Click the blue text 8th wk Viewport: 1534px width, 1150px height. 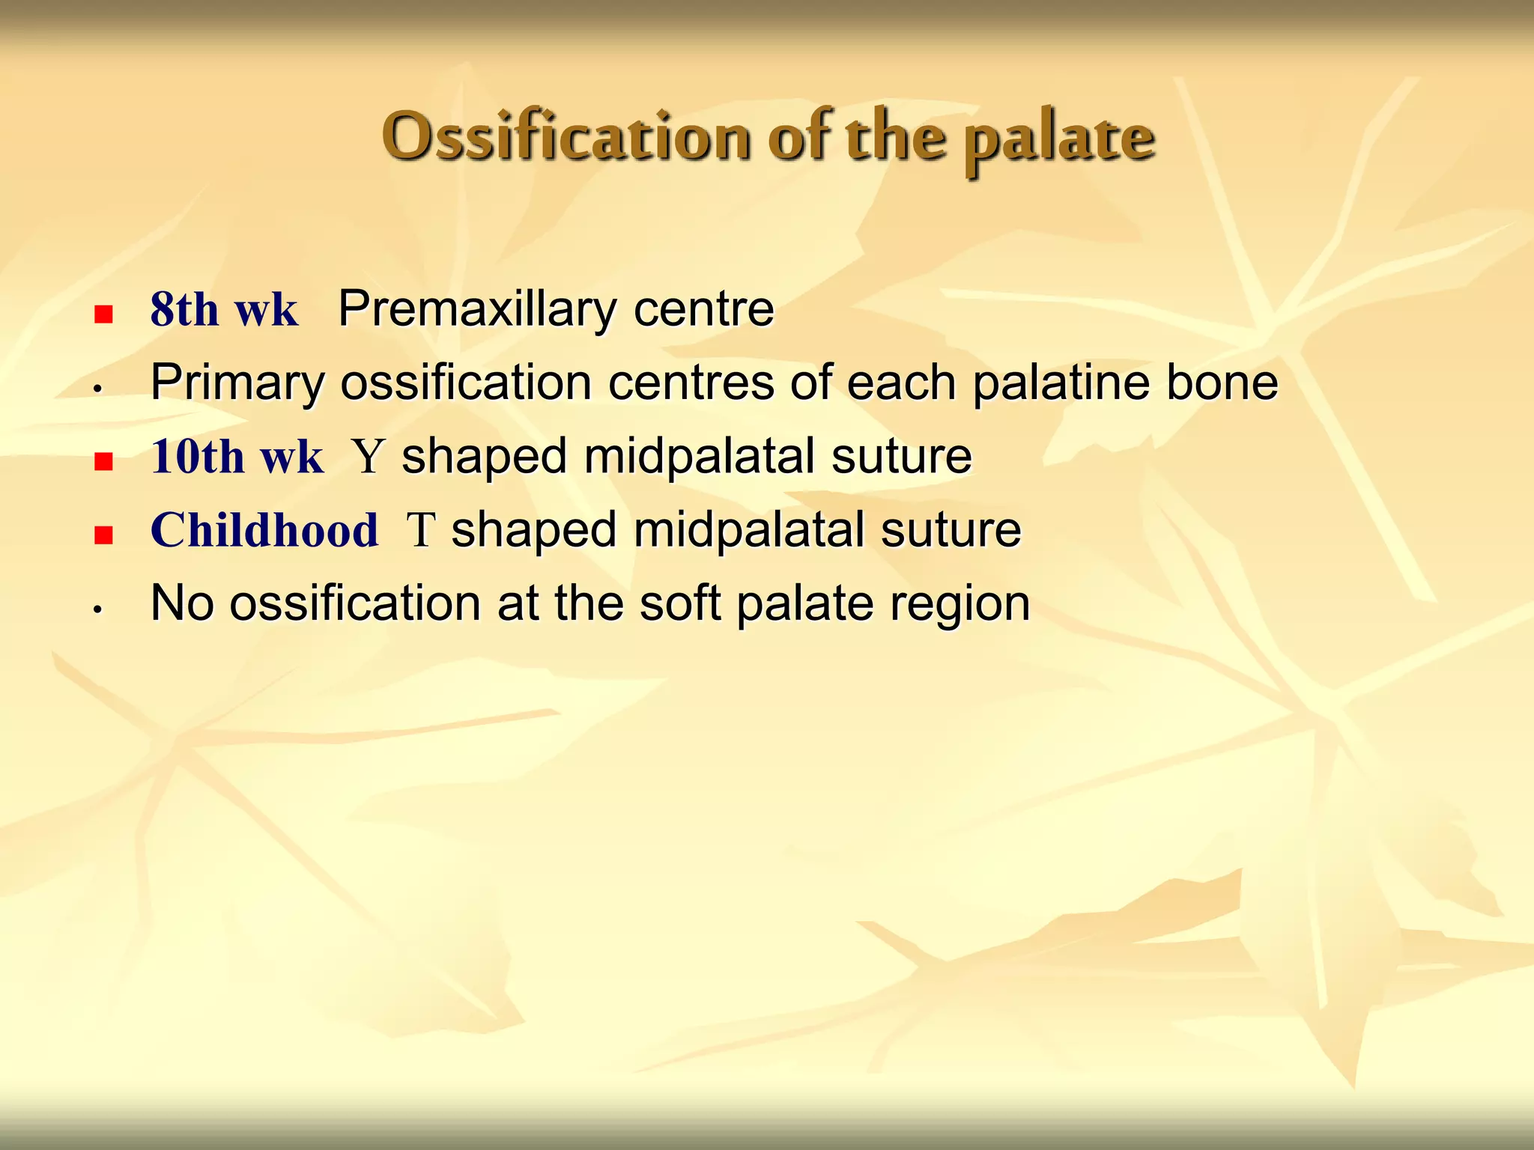(x=224, y=309)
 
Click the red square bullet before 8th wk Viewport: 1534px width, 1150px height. (x=103, y=314)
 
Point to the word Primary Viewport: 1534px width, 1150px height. (x=237, y=383)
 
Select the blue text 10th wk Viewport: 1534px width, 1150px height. (x=237, y=457)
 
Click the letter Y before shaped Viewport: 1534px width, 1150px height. (x=368, y=457)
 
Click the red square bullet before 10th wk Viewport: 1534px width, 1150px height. (x=103, y=461)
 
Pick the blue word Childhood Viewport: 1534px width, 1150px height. (x=264, y=530)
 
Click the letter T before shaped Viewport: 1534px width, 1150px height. (x=420, y=530)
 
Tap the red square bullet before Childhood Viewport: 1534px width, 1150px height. (x=103, y=535)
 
